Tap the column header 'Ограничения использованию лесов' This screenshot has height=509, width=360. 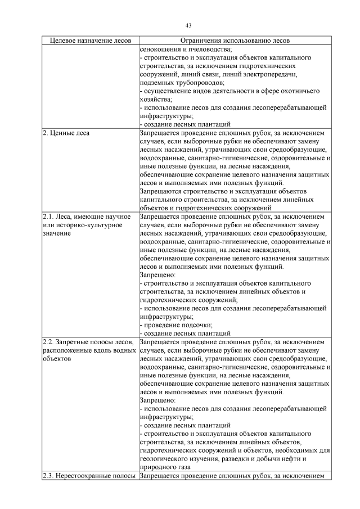[235, 41]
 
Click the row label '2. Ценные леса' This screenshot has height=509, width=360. [66, 133]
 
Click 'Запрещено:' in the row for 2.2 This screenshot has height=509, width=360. [157, 400]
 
